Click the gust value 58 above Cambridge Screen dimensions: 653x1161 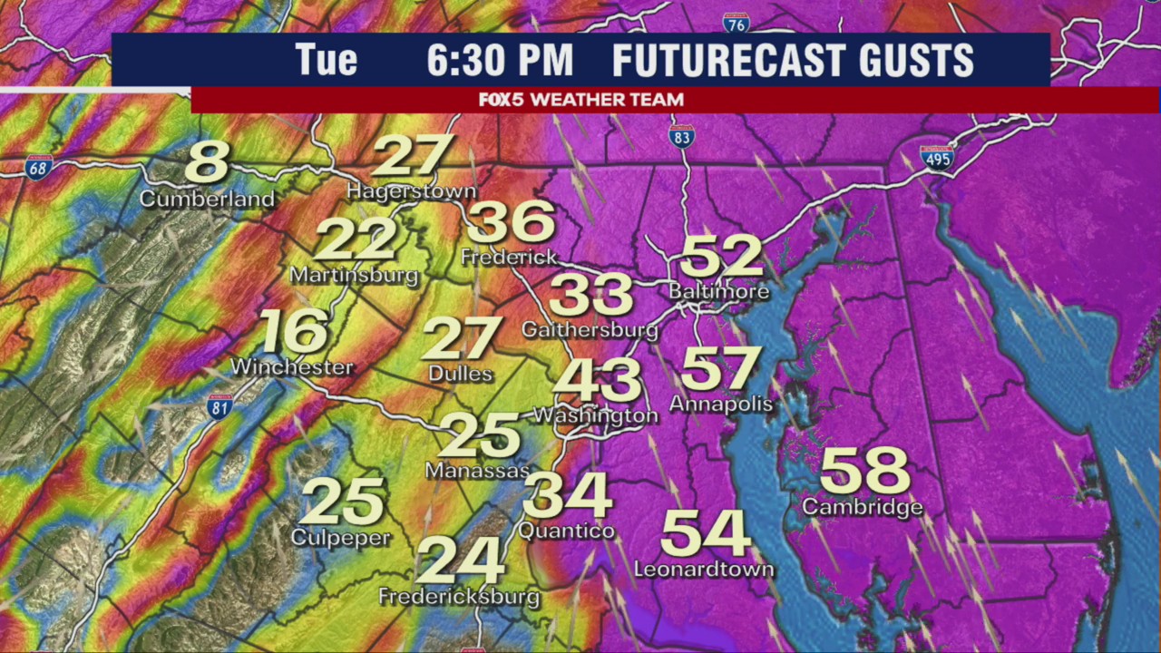tap(864, 471)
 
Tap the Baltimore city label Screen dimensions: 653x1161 tap(718, 292)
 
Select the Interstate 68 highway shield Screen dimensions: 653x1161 tap(38, 167)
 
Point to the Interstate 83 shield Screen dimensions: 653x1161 tap(681, 137)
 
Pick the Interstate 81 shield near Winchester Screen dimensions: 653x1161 tap(219, 406)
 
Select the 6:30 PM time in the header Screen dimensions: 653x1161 tap(500, 61)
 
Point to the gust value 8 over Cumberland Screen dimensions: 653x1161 tap(207, 162)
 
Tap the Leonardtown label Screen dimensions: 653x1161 tap(704, 570)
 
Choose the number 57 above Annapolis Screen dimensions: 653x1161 tap(720, 367)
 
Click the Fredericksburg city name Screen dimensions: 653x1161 tap(459, 597)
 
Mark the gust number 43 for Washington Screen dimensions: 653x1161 tap(598, 380)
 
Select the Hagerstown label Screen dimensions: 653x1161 tap(411, 191)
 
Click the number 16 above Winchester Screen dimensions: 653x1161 tap(293, 332)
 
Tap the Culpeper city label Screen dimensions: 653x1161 tap(340, 538)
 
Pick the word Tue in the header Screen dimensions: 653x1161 tap(326, 61)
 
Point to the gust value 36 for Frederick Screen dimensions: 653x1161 tap(511, 222)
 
